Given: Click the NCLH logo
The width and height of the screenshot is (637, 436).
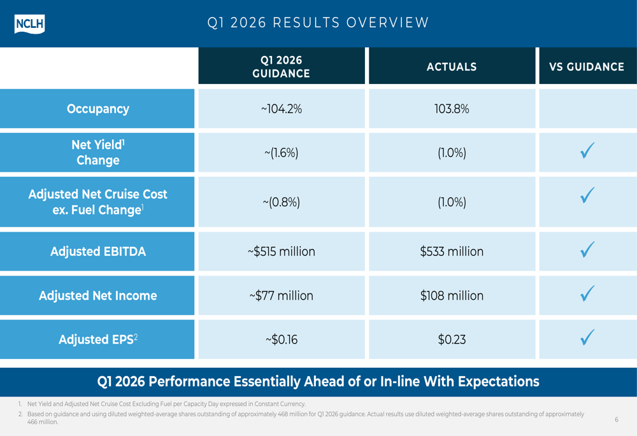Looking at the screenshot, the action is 29,24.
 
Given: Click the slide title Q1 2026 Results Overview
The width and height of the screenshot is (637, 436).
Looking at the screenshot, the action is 318,23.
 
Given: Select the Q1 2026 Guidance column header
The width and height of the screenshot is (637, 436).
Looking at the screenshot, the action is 281,67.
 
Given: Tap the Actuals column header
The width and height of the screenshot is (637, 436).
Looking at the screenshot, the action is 452,67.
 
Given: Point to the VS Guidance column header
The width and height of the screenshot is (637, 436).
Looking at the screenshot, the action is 587,67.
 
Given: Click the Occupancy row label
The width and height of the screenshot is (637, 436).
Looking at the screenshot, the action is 98,109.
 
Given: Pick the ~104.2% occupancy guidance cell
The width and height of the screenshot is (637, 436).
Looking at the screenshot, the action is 281,109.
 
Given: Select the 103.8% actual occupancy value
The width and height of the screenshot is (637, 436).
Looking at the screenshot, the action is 452,109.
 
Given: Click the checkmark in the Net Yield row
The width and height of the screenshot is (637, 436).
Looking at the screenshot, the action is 587,151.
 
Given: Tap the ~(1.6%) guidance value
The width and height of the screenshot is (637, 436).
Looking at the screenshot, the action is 281,153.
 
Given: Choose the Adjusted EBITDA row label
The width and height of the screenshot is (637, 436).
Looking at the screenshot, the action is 98,251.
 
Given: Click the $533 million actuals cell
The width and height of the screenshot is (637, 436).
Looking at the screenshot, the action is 452,251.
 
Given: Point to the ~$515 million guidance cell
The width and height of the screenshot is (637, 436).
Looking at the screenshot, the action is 281,251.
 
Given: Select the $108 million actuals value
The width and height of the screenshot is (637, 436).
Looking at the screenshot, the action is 452,295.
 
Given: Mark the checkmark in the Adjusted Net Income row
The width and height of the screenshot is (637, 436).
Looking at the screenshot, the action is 587,293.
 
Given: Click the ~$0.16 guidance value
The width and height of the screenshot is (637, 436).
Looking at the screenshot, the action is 281,339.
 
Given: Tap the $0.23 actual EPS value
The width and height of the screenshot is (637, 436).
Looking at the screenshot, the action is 452,339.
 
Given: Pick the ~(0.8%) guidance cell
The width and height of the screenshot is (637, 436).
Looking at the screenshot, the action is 281,202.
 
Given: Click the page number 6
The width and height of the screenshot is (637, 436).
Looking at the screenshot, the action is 616,419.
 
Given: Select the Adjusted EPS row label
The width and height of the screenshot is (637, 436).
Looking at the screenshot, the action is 98,339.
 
